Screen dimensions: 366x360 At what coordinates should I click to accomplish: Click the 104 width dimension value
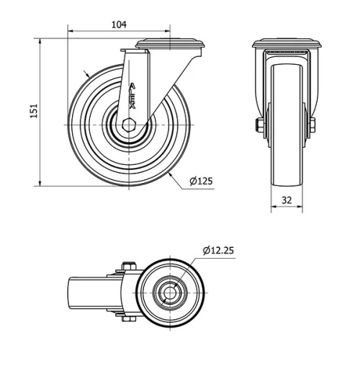pyautogui.click(x=120, y=24)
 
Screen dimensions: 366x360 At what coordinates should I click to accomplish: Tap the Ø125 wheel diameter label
pyautogui.click(x=201, y=182)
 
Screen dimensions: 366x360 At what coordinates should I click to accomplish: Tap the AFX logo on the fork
pyautogui.click(x=132, y=94)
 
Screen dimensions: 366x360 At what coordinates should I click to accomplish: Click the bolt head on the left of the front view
pyautogui.click(x=256, y=128)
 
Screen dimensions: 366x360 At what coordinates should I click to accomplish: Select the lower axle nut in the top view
pyautogui.click(x=127, y=321)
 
